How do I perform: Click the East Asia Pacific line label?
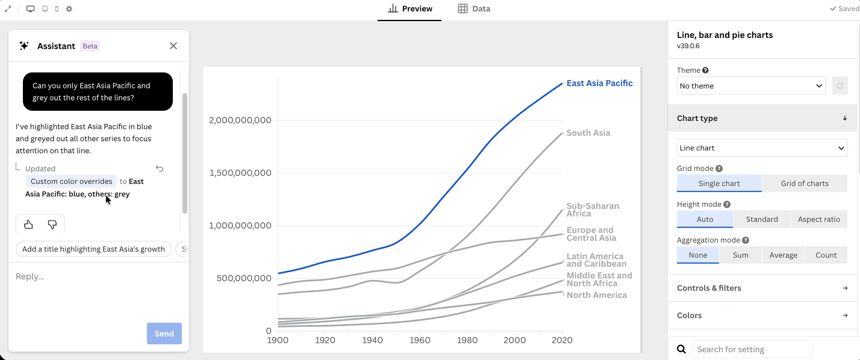[x=599, y=83]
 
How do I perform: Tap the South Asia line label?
[x=588, y=133]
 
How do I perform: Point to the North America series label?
[x=597, y=295]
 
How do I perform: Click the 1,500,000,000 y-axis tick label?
[x=240, y=173]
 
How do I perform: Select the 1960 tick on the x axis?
[x=420, y=340]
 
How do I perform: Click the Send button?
[x=164, y=334]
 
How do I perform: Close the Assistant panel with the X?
[x=173, y=46]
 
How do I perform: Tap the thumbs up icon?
[x=28, y=225]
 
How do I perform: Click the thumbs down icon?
[x=52, y=225]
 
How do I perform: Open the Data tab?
[x=474, y=9]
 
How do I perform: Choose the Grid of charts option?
[x=805, y=184]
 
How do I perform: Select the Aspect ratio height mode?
[x=819, y=219]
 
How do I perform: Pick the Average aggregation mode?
[x=783, y=255]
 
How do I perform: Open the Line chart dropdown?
[x=762, y=147]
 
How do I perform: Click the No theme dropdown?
[x=751, y=85]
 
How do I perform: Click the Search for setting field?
[x=752, y=349]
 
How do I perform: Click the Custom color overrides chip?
[x=72, y=181]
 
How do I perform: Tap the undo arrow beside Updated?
[x=160, y=169]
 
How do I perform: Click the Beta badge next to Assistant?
[x=90, y=46]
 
